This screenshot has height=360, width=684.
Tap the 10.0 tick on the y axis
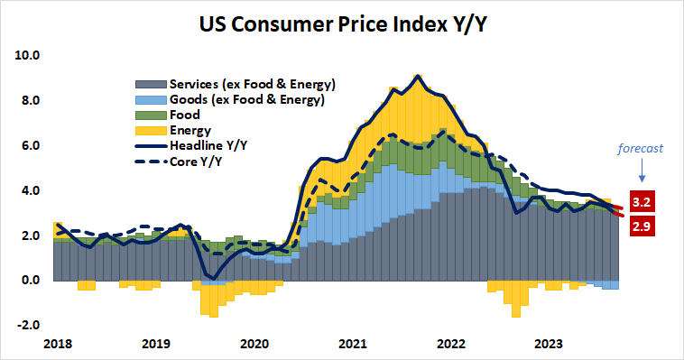coord(28,55)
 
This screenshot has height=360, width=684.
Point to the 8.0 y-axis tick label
coord(30,100)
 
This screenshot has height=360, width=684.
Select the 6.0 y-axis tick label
coord(30,145)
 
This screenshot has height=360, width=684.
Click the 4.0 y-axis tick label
coord(30,190)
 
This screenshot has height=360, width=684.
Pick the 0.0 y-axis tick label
coord(30,280)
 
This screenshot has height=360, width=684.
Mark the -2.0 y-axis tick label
coord(28,325)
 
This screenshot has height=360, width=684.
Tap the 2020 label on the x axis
coord(254,343)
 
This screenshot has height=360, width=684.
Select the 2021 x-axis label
coord(353,343)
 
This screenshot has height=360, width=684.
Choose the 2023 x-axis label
coord(550,343)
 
